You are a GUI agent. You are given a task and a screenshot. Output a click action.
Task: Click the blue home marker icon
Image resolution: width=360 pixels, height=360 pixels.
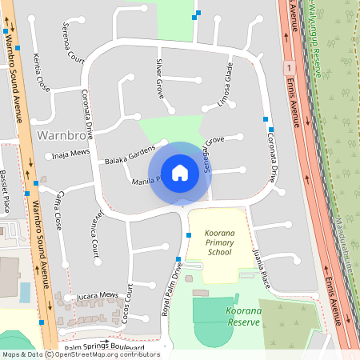pyautogui.click(x=180, y=172)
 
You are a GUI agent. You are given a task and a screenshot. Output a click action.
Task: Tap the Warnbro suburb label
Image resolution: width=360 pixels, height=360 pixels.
pyautogui.click(x=62, y=136)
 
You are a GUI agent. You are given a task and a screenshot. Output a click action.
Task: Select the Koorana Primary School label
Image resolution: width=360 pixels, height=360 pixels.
pyautogui.click(x=218, y=241)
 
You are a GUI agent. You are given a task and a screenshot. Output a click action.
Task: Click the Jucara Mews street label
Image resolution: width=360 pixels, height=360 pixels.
pyautogui.click(x=97, y=296)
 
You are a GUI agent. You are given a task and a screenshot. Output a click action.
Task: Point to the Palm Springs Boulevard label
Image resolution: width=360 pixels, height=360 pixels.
pyautogui.click(x=104, y=348)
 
